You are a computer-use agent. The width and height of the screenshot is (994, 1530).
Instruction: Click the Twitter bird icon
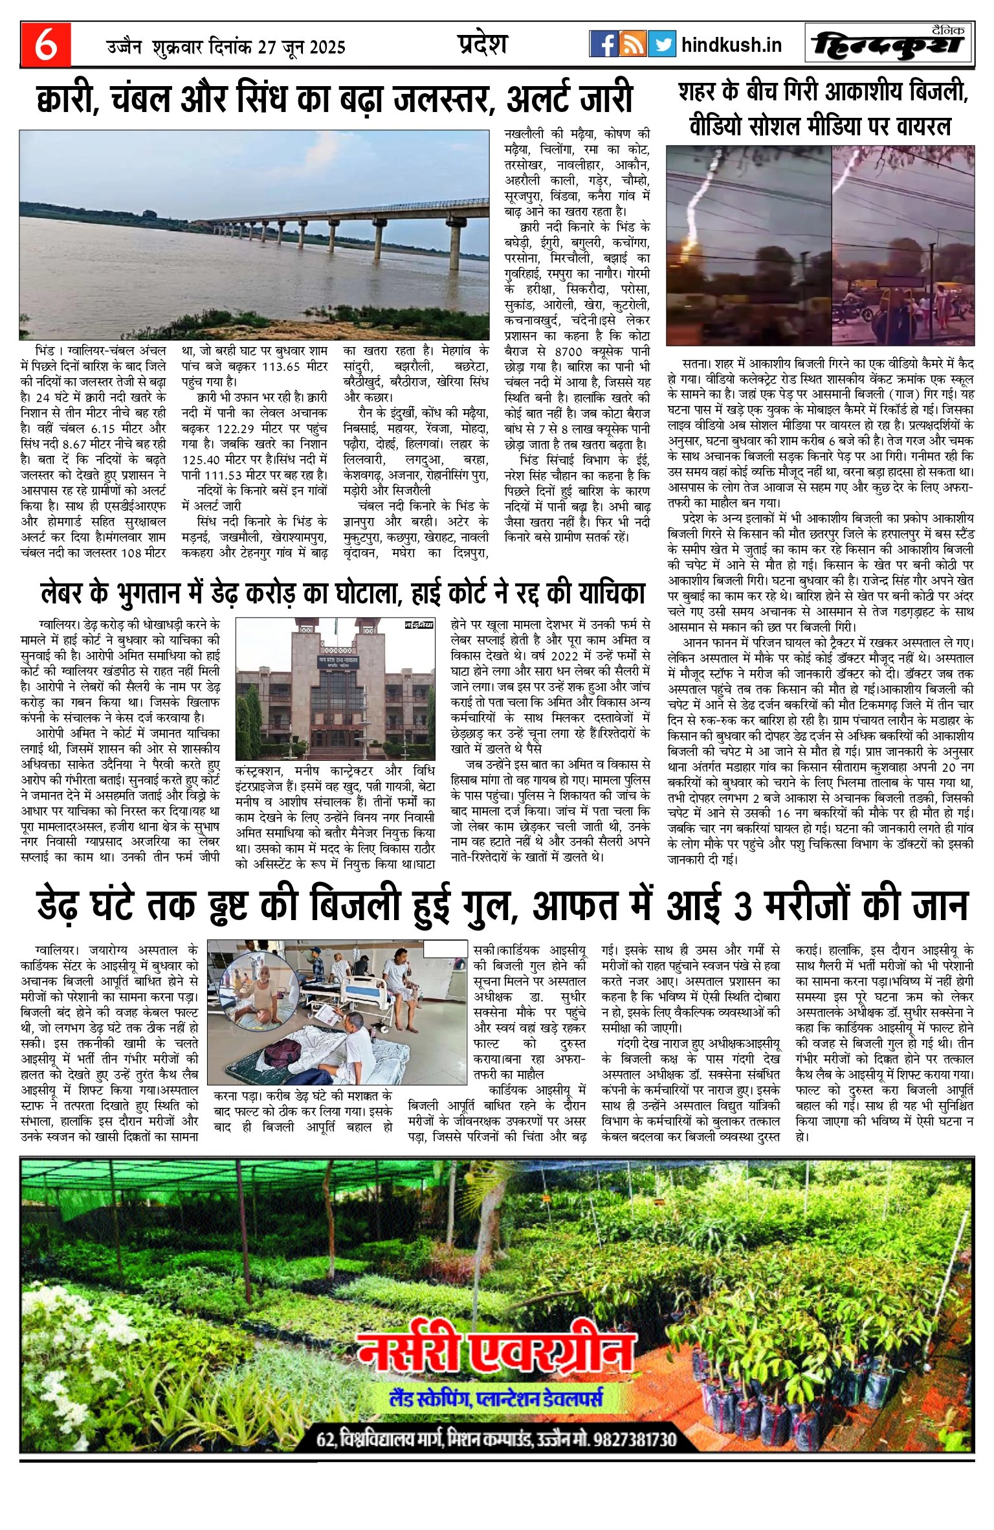coord(661,44)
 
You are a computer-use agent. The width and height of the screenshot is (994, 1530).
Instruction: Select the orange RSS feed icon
coord(632,44)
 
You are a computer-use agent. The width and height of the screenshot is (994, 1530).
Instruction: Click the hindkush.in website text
coord(731,45)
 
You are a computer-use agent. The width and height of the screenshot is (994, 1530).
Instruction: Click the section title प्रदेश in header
coord(482,44)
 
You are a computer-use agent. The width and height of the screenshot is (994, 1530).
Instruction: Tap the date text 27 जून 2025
coord(302,47)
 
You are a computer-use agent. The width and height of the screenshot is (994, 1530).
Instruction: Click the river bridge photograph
coord(254,234)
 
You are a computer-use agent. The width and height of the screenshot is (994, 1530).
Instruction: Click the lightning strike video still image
coord(820,245)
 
